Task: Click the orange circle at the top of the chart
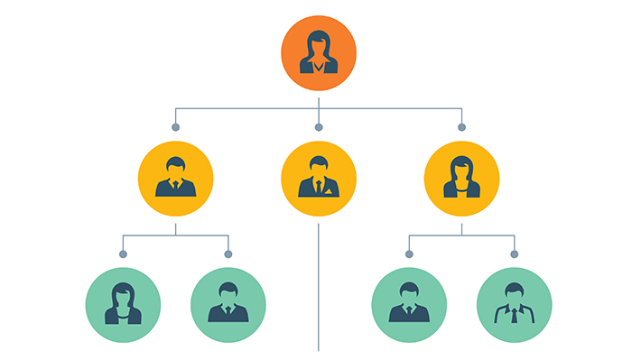click(318, 53)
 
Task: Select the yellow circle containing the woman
click(461, 178)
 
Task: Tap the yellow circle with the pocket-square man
click(318, 178)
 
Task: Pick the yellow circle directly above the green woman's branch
click(175, 178)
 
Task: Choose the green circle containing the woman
click(123, 304)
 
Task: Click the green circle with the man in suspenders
click(514, 304)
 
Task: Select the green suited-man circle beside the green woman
click(228, 304)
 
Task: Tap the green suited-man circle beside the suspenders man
click(408, 304)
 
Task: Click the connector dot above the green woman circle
click(123, 254)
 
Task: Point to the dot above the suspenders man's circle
click(514, 254)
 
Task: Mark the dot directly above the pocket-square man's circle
click(318, 127)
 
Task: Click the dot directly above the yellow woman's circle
click(461, 127)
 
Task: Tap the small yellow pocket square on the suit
click(330, 191)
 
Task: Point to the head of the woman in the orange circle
click(318, 43)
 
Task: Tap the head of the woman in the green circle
click(123, 294)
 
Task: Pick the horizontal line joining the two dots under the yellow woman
click(461, 235)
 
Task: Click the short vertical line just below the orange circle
click(318, 99)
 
